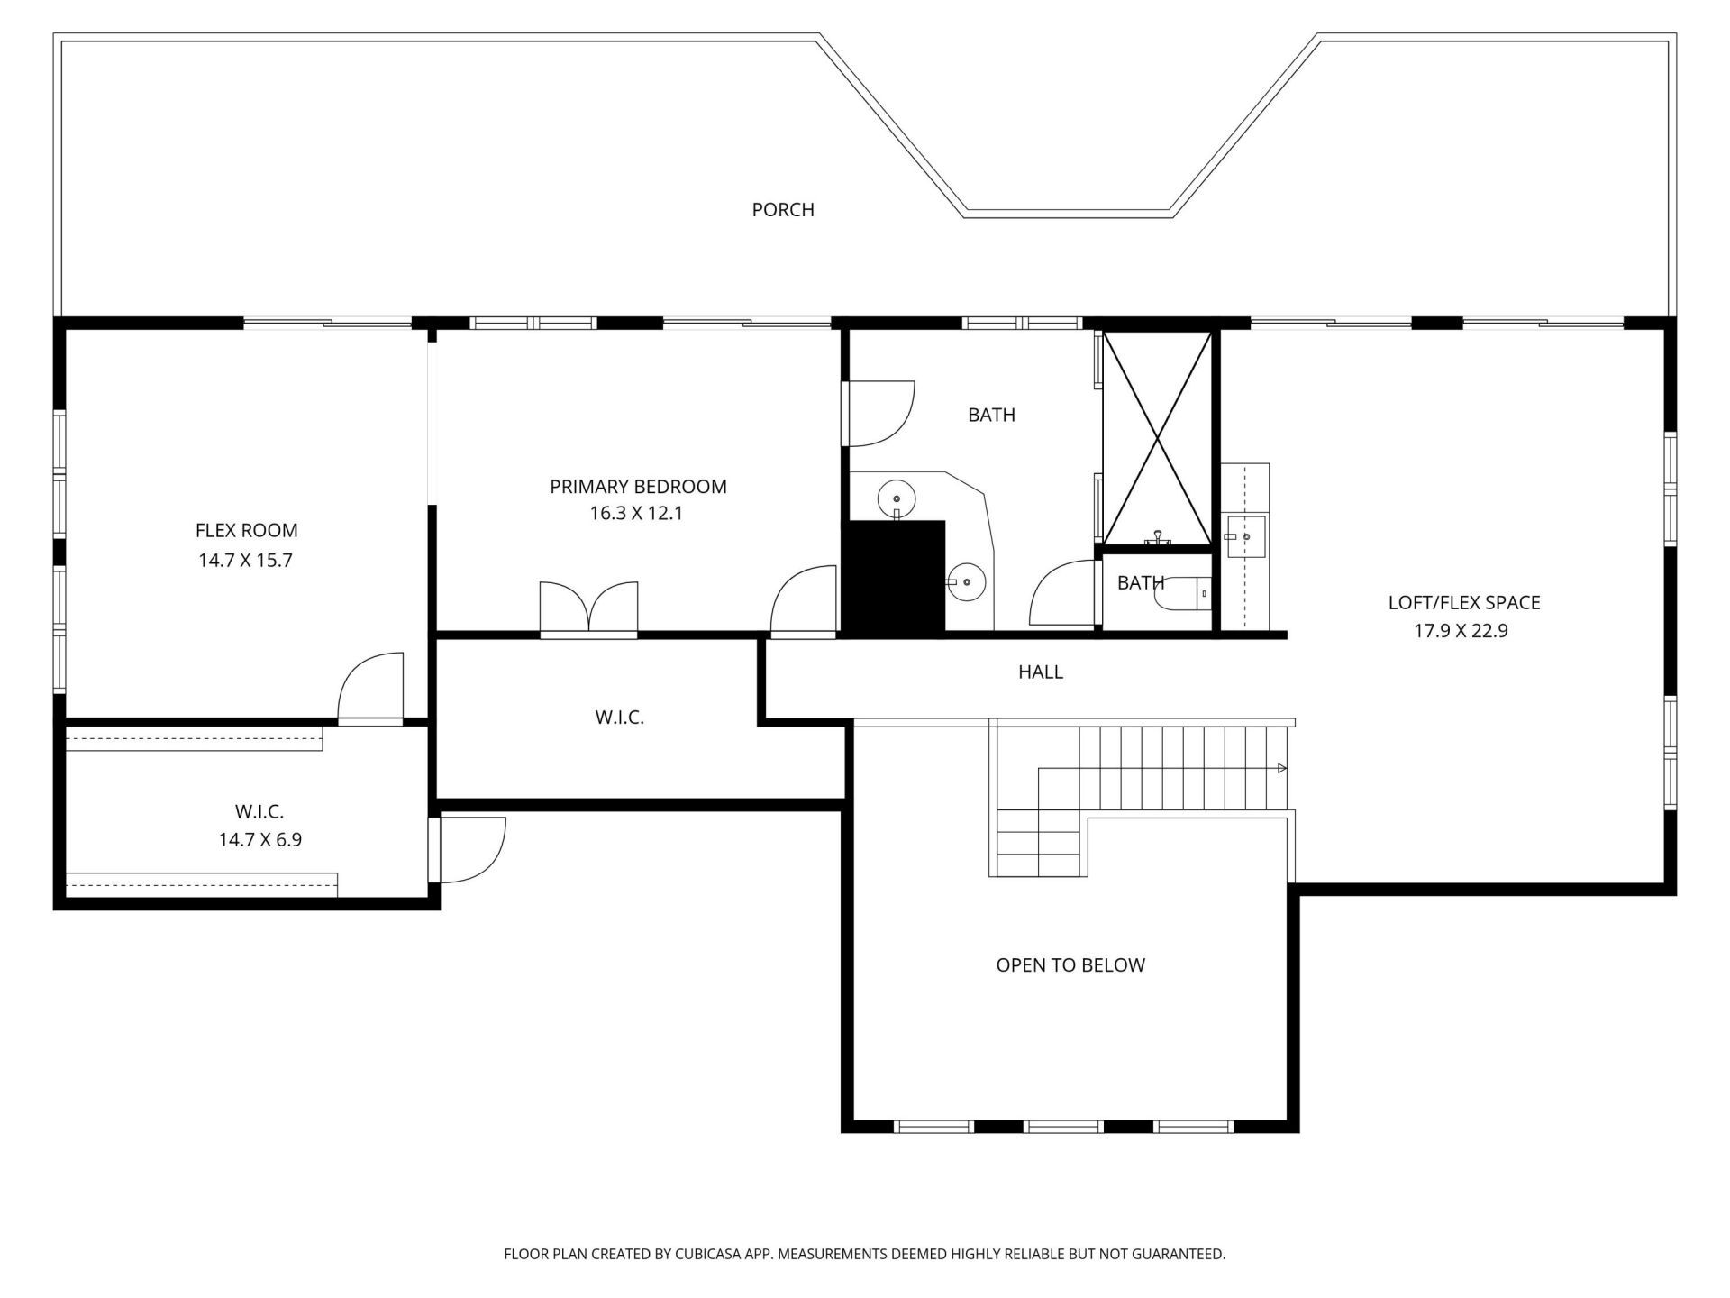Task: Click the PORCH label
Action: [x=783, y=210]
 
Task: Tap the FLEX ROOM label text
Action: [x=246, y=531]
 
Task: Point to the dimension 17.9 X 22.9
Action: [x=1460, y=631]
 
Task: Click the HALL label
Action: [x=1040, y=672]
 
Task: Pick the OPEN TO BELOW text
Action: [x=1070, y=965]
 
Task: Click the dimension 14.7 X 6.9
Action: [x=259, y=840]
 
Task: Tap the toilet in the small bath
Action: [x=1184, y=593]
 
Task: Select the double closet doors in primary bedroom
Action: [x=588, y=608]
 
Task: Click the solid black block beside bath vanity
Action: [x=892, y=577]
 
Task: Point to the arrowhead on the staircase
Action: [x=1281, y=768]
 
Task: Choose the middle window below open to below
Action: [x=1063, y=1126]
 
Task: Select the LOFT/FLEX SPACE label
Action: [x=1463, y=603]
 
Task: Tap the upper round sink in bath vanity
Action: [x=897, y=498]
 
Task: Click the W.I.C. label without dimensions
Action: [x=619, y=718]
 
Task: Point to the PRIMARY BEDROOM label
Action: [x=638, y=487]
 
